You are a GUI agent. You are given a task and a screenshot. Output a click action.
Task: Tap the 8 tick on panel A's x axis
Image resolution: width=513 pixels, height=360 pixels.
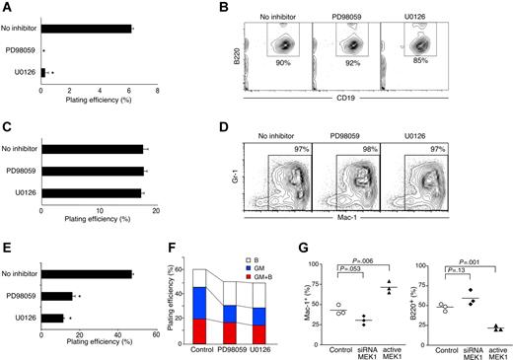coord(159,92)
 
